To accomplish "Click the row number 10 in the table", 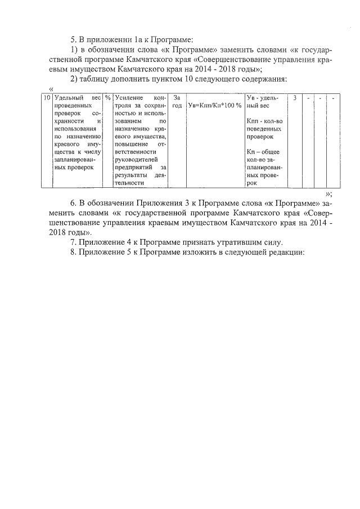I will click(47, 98).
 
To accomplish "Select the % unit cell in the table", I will click(107, 98).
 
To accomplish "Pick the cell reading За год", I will click(177, 102).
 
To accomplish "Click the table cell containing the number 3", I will click(295, 98).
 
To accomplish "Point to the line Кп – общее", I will click(263, 152).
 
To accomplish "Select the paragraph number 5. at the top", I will click(74, 39).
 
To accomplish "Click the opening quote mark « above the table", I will click(52, 88).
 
